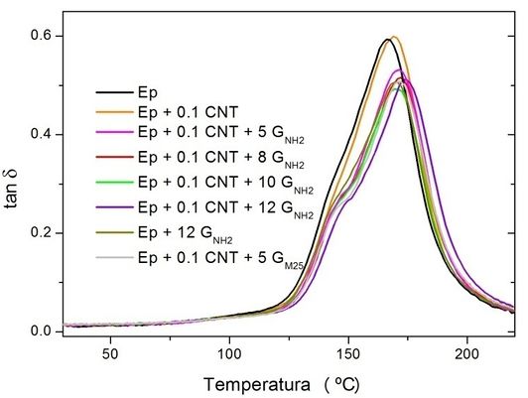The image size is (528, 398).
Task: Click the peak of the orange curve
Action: pyautogui.click(x=394, y=37)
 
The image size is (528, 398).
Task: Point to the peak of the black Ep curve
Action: pyautogui.click(x=387, y=40)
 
